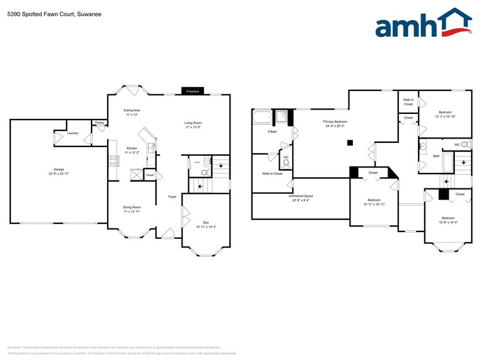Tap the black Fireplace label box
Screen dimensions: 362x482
pyautogui.click(x=192, y=91)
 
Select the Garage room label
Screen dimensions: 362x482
pyautogui.click(x=59, y=169)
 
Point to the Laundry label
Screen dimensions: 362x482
pyautogui.click(x=73, y=133)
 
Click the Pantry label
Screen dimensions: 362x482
pyautogui.click(x=100, y=123)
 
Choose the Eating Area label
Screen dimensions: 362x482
pyautogui.click(x=132, y=110)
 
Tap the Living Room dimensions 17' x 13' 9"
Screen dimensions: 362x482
pyautogui.click(x=193, y=127)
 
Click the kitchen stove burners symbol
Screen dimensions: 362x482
pyautogui.click(x=113, y=161)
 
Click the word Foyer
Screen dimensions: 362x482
pyautogui.click(x=173, y=197)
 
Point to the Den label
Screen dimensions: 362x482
pyautogui.click(x=206, y=222)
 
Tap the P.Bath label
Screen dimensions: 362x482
pyautogui.click(x=271, y=132)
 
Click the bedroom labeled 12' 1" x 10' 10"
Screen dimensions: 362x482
pyautogui.click(x=444, y=115)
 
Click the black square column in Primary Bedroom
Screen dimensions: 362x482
pyautogui.click(x=349, y=143)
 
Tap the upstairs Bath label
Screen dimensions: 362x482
pyautogui.click(x=436, y=156)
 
